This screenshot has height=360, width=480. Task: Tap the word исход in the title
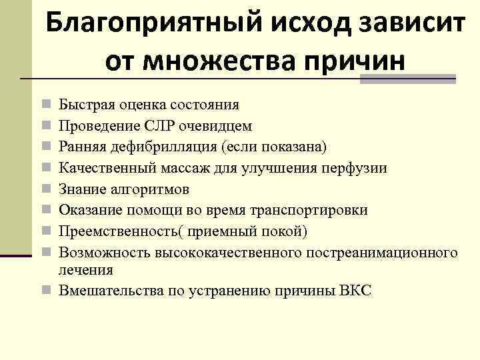click(305, 26)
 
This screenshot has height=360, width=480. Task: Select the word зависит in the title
click(409, 26)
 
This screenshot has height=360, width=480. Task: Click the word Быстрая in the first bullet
click(81, 105)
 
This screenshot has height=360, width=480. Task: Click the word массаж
click(191, 169)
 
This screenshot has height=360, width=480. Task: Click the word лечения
click(86, 270)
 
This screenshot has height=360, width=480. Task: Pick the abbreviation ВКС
click(355, 291)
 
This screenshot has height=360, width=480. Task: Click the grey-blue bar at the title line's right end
click(407, 79)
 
